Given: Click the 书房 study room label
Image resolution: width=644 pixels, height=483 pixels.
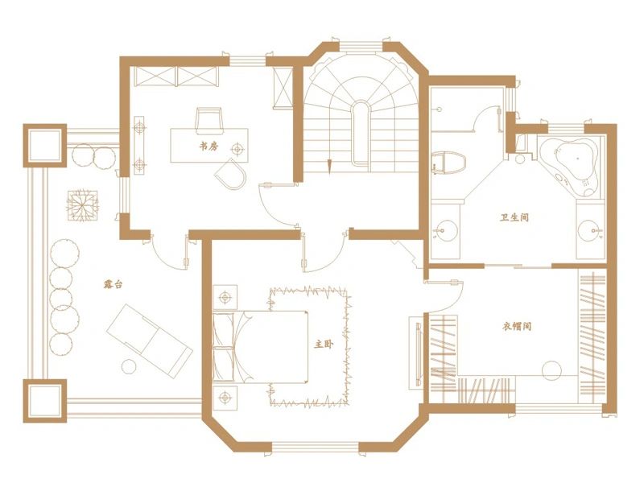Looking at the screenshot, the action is [x=209, y=146].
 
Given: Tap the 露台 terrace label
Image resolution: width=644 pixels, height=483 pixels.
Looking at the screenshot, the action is [x=113, y=284].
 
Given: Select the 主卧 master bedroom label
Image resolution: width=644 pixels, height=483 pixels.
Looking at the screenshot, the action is [x=324, y=345].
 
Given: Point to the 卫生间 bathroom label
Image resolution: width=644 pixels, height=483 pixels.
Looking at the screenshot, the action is [x=514, y=217].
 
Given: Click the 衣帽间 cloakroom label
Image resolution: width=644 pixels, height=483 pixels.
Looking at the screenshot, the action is [x=517, y=327].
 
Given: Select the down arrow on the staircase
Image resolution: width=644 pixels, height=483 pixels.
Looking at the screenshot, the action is [x=329, y=166].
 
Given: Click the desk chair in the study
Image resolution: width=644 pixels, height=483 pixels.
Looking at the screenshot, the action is [x=209, y=121].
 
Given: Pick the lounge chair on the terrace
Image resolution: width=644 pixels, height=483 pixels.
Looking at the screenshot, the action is [x=150, y=339].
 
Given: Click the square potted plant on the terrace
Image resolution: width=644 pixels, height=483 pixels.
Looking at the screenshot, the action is [x=84, y=205].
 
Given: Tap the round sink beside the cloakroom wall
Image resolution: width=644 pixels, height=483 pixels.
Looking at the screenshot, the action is [x=445, y=230].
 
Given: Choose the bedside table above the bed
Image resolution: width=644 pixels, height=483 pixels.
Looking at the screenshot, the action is [x=225, y=296].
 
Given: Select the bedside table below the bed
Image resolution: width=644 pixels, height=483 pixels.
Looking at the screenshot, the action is [x=225, y=397].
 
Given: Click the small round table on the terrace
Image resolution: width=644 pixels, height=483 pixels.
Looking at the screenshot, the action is [x=129, y=366].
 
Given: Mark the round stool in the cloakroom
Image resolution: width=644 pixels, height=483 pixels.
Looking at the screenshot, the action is [x=551, y=371].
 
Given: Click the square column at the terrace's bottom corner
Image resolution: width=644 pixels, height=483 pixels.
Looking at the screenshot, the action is [x=45, y=401].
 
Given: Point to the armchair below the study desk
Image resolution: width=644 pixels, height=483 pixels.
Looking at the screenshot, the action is [x=231, y=175].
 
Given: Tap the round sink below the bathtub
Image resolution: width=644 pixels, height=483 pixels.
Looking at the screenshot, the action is [x=589, y=230].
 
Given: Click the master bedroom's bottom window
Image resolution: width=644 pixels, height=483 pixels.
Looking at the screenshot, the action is [x=316, y=447].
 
